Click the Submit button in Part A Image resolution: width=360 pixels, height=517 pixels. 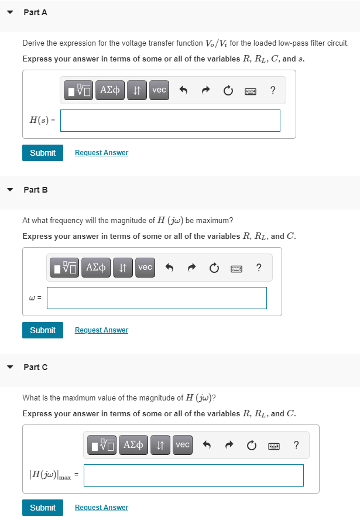pyautogui.click(x=43, y=153)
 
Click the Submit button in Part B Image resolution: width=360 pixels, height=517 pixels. pyautogui.click(x=43, y=330)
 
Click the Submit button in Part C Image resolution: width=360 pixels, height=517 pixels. pyautogui.click(x=43, y=508)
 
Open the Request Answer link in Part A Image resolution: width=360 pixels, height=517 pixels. pyautogui.click(x=101, y=153)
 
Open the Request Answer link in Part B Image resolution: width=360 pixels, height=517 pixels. pyautogui.click(x=101, y=330)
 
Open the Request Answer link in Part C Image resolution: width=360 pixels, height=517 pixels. pyautogui.click(x=101, y=508)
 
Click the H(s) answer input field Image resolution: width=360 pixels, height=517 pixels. pyautogui.click(x=170, y=121)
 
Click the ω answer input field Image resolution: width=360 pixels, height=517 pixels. pyautogui.click(x=157, y=298)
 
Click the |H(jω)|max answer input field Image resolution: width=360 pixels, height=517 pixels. pyautogui.click(x=193, y=475)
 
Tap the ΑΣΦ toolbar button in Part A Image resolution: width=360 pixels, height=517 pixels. pyautogui.click(x=109, y=90)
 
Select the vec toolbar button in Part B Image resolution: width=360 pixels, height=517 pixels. pyautogui.click(x=145, y=268)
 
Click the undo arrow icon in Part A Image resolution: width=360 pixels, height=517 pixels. pyautogui.click(x=183, y=90)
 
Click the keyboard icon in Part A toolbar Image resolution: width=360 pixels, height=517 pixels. pyautogui.click(x=251, y=91)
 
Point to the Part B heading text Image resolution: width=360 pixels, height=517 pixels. pyautogui.click(x=36, y=190)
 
